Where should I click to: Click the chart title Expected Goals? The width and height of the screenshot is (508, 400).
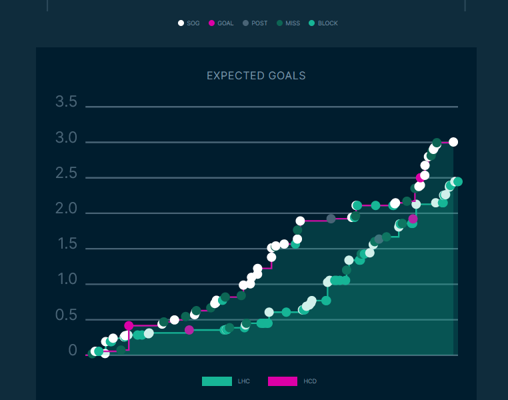click(256, 76)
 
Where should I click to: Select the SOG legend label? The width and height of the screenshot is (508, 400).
click(193, 23)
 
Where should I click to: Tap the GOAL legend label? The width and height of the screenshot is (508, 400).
click(225, 23)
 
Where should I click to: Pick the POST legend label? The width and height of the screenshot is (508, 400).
click(259, 23)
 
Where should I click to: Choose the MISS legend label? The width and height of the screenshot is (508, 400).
click(293, 23)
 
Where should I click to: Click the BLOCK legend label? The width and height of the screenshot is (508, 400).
click(328, 23)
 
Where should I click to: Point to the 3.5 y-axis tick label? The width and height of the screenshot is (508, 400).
click(67, 103)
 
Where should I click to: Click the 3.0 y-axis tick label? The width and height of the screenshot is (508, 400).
click(67, 139)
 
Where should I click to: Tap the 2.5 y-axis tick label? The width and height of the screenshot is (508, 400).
click(67, 174)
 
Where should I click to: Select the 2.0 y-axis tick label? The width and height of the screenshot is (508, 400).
click(67, 209)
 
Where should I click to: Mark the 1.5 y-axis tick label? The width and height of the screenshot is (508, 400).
click(67, 245)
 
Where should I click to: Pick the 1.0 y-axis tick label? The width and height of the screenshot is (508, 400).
click(67, 280)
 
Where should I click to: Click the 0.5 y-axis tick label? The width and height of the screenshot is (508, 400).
click(67, 315)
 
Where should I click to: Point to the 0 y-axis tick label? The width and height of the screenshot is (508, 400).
click(73, 351)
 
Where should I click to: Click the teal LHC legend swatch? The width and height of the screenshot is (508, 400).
click(217, 381)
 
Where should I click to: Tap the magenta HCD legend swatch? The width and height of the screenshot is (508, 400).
click(283, 381)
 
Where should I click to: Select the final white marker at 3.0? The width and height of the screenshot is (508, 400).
click(453, 142)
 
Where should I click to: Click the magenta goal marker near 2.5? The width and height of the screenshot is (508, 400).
click(420, 178)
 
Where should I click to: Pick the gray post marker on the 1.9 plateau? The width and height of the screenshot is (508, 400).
click(331, 219)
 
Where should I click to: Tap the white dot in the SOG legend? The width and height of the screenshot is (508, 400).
click(181, 23)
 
